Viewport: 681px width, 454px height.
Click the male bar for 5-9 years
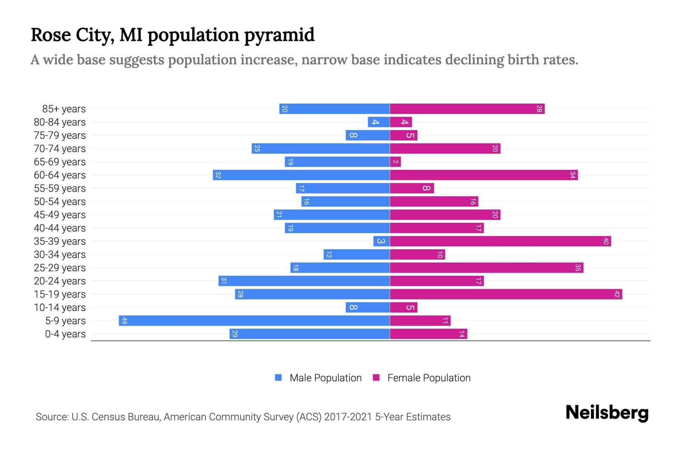(x=254, y=321)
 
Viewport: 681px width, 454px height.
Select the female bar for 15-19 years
(x=506, y=294)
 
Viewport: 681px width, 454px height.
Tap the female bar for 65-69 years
(x=395, y=162)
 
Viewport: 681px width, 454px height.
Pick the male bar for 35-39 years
(x=381, y=241)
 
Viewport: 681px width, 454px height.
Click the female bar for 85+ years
(x=467, y=109)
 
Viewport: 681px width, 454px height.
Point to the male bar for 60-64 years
(x=301, y=175)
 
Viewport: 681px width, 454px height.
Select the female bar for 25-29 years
(x=487, y=268)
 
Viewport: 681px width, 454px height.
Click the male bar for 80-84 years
(x=379, y=122)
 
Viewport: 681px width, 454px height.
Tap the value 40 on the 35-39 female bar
(x=606, y=241)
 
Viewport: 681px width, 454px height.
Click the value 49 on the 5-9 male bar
(x=124, y=321)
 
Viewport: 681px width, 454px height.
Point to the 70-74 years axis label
(x=60, y=149)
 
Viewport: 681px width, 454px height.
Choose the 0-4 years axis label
(x=65, y=334)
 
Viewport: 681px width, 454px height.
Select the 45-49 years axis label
(x=60, y=215)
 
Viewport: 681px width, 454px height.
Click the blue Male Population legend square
(x=278, y=378)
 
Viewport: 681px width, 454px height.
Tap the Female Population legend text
(x=429, y=378)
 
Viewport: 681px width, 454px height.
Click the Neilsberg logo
(x=607, y=413)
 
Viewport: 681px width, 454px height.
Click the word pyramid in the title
(x=279, y=35)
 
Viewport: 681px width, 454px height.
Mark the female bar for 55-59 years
(x=412, y=188)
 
